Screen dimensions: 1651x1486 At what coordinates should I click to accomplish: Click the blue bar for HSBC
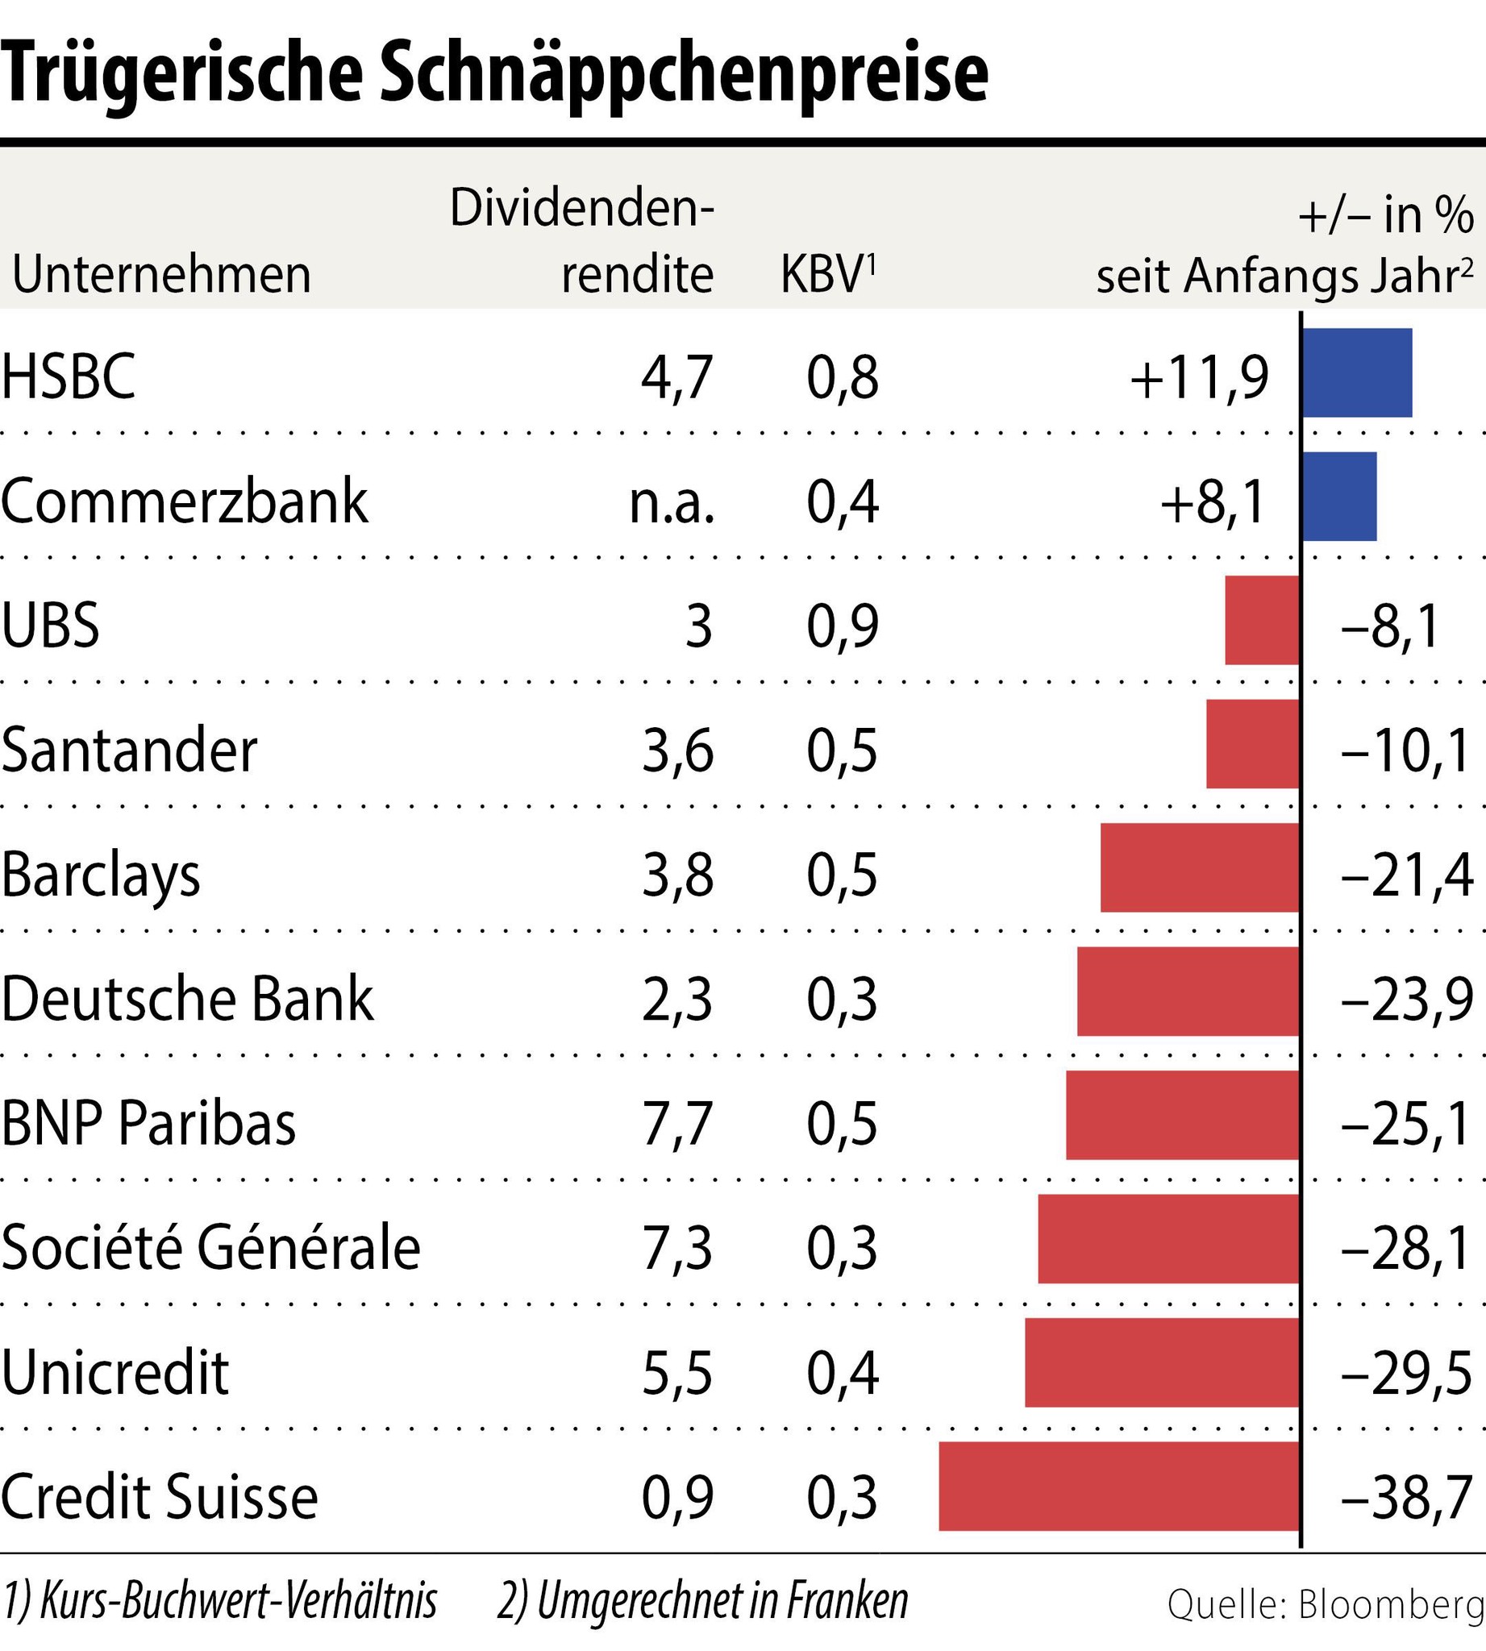[1356, 372]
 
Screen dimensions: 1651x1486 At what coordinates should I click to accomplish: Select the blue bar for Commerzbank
[1339, 497]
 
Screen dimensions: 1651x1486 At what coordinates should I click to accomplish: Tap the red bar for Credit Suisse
[1118, 1486]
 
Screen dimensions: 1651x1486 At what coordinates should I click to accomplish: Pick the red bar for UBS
[1263, 620]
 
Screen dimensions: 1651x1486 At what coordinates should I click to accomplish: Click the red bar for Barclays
[1200, 867]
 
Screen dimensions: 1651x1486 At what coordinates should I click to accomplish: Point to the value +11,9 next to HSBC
[1200, 379]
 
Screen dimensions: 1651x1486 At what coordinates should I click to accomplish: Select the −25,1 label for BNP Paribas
[1406, 1125]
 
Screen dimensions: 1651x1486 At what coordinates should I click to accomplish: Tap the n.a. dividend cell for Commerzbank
[672, 503]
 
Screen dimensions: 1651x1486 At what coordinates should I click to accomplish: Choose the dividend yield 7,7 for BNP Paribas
[676, 1125]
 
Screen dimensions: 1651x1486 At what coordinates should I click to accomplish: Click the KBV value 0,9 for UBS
[843, 627]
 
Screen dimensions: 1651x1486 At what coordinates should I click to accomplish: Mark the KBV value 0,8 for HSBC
[843, 379]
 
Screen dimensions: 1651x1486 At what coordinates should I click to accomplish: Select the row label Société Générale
[210, 1248]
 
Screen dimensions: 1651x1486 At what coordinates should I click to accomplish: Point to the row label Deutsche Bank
[187, 999]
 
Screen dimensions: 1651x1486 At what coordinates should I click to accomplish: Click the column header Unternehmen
[162, 274]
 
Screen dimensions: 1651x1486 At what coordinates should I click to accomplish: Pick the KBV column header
[827, 274]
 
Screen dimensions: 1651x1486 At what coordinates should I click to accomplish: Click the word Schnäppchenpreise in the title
[685, 75]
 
